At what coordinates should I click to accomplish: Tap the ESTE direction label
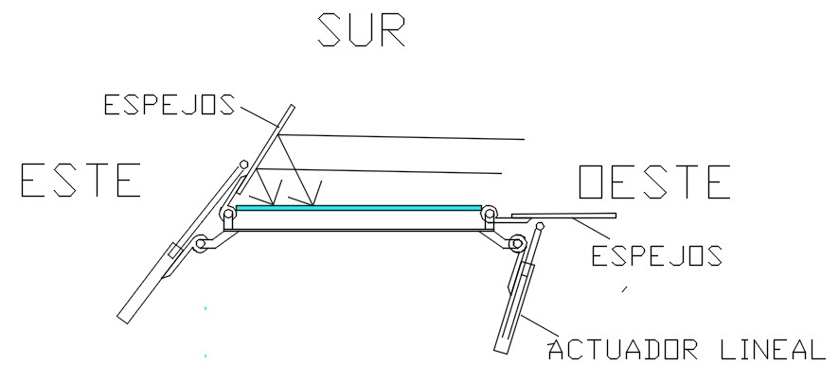[81, 180]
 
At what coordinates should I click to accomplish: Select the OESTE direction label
[654, 182]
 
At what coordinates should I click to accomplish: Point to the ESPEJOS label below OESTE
[657, 255]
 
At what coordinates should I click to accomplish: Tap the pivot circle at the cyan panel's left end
[228, 216]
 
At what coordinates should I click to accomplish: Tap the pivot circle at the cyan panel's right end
[490, 216]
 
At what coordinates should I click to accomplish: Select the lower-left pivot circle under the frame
[200, 246]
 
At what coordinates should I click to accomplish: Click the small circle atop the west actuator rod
[540, 226]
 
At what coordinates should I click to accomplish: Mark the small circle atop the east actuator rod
[244, 163]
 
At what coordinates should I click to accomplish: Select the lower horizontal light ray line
[407, 171]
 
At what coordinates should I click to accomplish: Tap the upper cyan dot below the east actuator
[205, 308]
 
